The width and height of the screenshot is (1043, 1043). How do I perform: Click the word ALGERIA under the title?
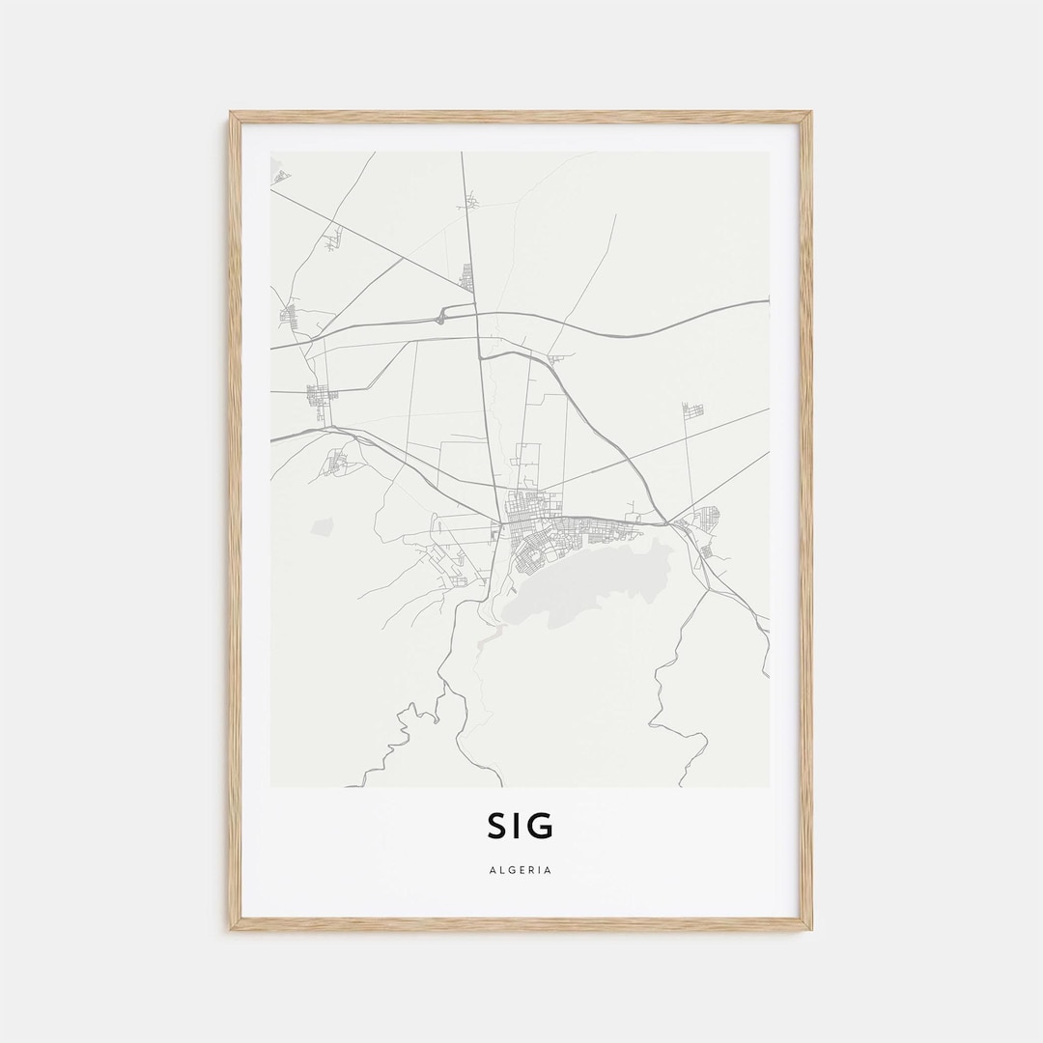tap(521, 870)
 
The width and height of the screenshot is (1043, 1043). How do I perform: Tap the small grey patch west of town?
tap(323, 526)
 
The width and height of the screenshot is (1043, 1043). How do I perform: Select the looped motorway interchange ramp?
tap(442, 313)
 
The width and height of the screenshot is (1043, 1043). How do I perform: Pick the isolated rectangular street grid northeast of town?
tap(692, 410)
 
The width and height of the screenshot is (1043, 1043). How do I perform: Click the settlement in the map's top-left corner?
tap(280, 176)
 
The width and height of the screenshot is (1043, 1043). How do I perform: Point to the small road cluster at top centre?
tap(471, 202)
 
